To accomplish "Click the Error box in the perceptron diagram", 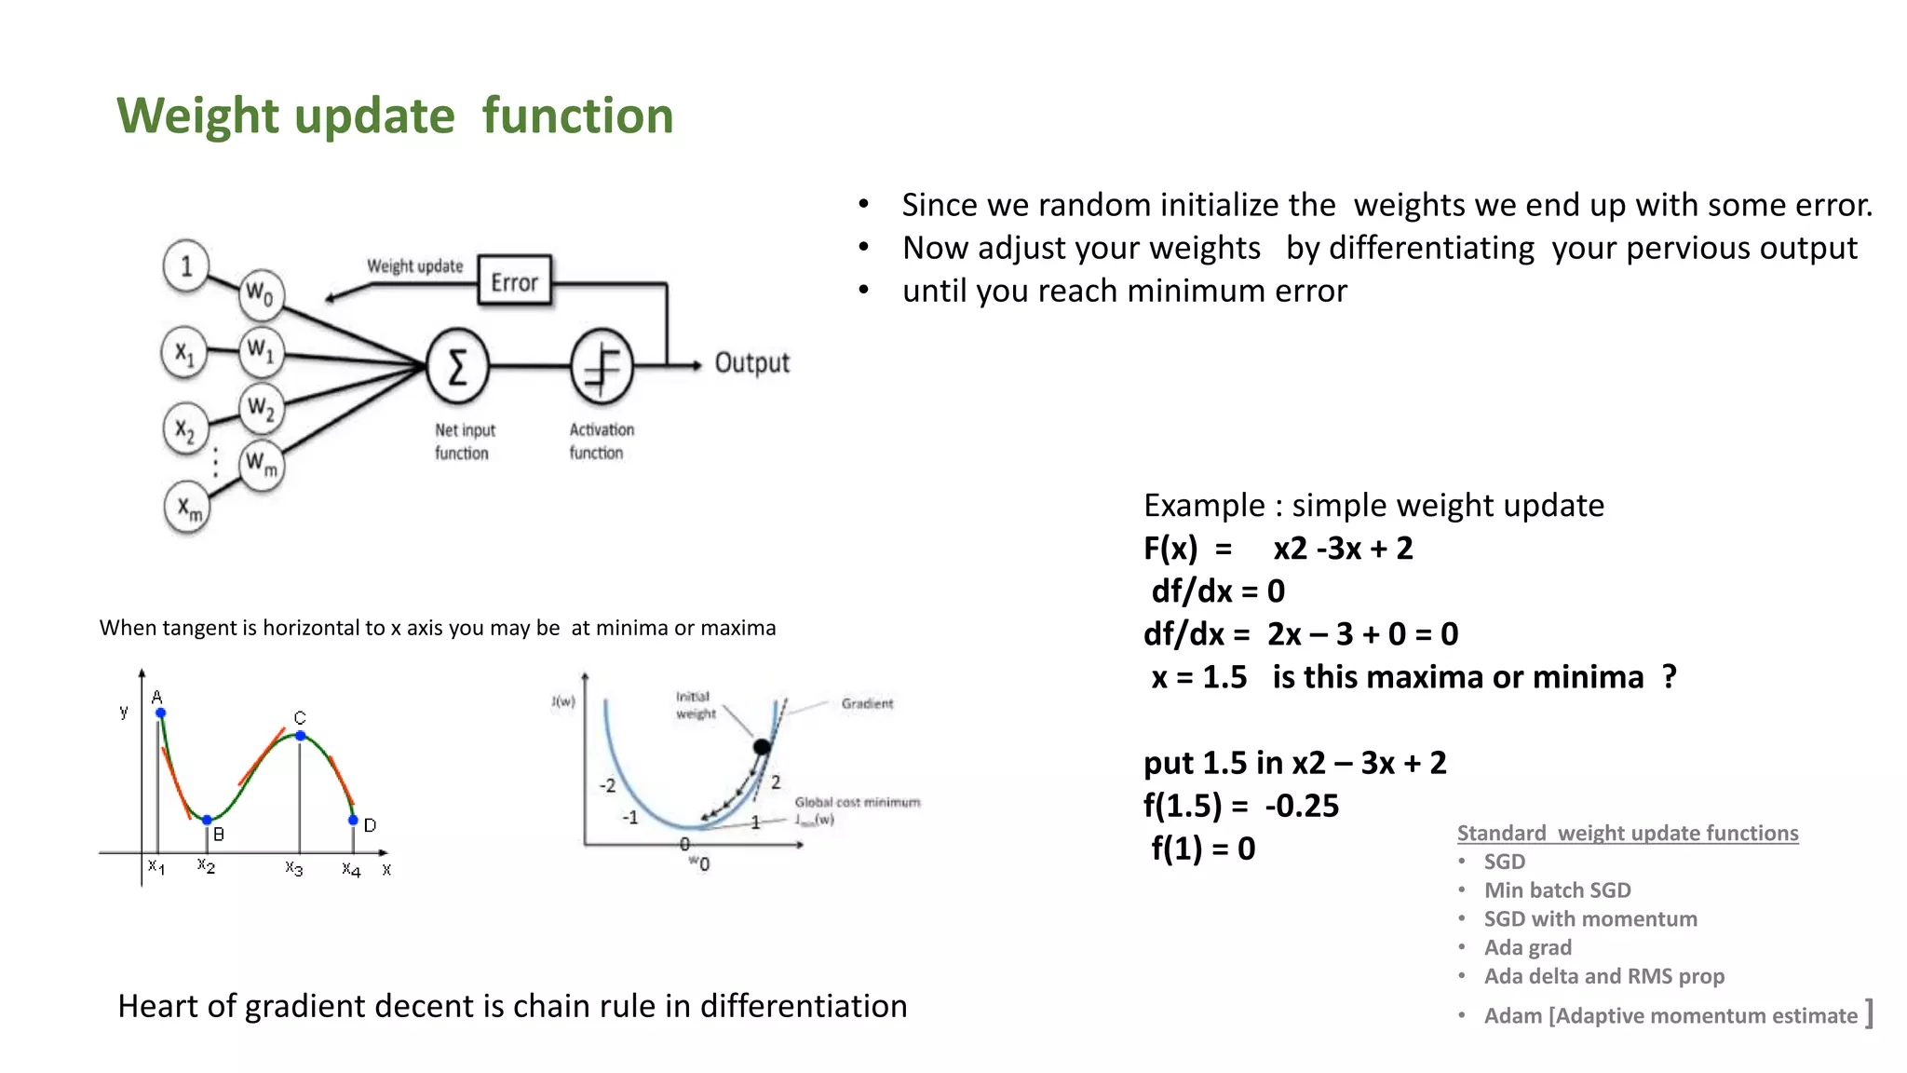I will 514,281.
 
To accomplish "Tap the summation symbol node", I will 457,366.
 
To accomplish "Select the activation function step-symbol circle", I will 602,366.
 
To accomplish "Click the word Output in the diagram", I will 751,363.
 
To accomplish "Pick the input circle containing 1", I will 186,266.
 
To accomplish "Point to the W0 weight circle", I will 260,294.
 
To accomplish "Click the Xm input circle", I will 188,509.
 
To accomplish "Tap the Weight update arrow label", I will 414,266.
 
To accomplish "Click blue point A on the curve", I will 161,713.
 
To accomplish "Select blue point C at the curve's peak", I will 300,736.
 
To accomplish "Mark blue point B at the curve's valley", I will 207,820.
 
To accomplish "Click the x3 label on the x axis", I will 293,868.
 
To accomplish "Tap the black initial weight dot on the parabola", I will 762,746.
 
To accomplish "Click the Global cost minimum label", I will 857,802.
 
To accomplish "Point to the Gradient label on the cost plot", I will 867,703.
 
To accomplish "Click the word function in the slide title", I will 577,116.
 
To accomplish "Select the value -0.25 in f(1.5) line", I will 1302,806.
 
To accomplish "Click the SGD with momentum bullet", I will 1589,919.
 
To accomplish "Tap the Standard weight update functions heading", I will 1627,833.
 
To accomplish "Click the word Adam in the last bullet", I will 1512,1016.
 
